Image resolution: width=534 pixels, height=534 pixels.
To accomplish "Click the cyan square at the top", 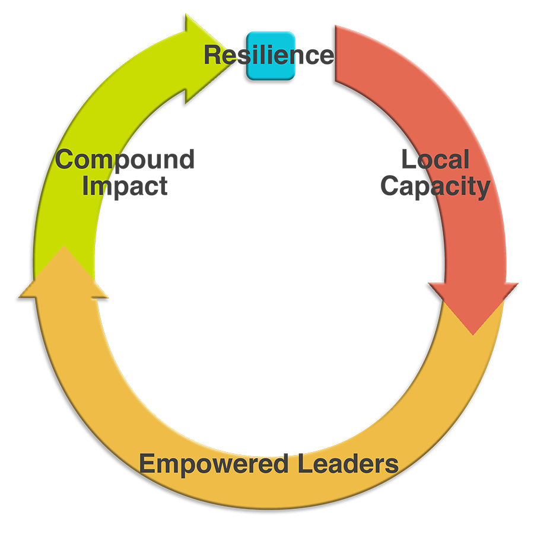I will pos(271,56).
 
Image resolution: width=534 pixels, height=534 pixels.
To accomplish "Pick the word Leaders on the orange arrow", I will pos(348,463).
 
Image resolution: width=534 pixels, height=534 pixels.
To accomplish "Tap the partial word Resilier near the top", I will pos(249,55).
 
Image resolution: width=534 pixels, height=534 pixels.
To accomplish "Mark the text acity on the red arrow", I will pos(463,187).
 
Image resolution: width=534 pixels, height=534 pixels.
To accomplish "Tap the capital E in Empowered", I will pos(147,463).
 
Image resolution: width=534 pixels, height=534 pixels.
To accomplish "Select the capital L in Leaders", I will pos(306,463).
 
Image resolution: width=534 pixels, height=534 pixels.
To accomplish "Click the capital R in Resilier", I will pos(212,55).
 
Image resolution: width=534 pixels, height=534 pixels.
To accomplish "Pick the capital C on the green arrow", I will pos(65,160).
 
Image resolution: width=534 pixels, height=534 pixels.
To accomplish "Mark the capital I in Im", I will pos(85,186).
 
